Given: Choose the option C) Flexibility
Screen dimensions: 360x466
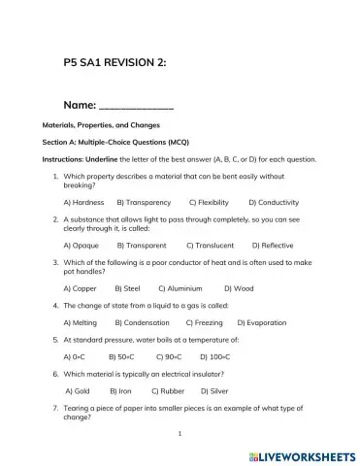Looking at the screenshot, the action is click(x=209, y=202).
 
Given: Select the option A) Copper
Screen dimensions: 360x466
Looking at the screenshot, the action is click(x=80, y=288).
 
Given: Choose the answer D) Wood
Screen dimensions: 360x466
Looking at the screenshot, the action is click(x=239, y=288).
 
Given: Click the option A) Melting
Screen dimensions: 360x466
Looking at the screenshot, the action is click(x=80, y=322).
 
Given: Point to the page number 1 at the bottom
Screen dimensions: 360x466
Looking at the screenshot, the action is click(x=180, y=434).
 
